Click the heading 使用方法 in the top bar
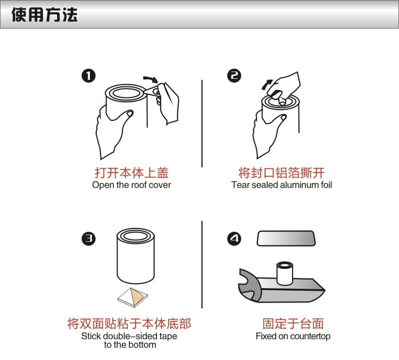pyautogui.click(x=44, y=14)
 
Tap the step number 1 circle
pyautogui.click(x=88, y=76)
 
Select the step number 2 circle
pyautogui.click(x=234, y=76)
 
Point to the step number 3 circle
pyautogui.click(x=88, y=239)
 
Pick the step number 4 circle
pyautogui.click(x=234, y=239)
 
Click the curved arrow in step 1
pyautogui.click(x=151, y=79)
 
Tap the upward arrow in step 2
pyautogui.click(x=267, y=84)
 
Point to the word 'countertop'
pyautogui.click(x=310, y=337)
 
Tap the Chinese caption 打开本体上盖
pyautogui.click(x=131, y=173)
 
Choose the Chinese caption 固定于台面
pyautogui.click(x=293, y=324)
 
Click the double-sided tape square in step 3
pyautogui.click(x=132, y=298)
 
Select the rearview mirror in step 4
pyautogui.click(x=286, y=239)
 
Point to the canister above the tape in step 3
pyautogui.click(x=136, y=256)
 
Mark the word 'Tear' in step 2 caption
pyautogui.click(x=240, y=185)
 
